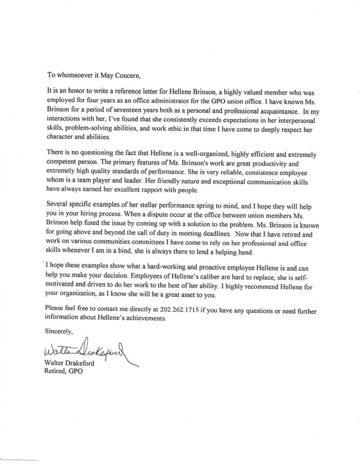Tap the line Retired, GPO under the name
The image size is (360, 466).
tap(63, 372)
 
